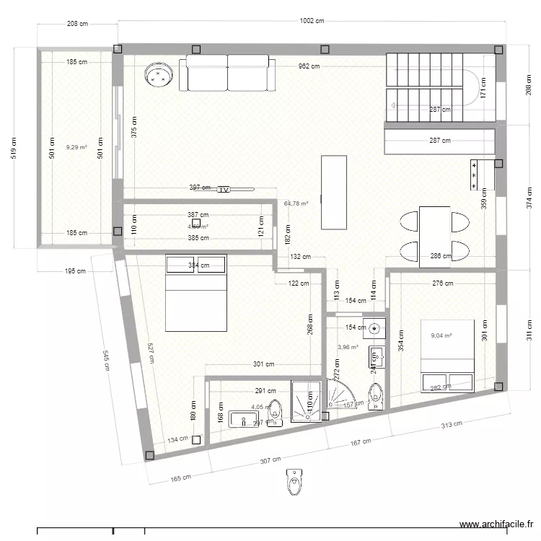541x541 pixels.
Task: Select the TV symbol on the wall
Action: coord(224,189)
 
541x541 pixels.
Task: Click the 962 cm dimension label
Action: coord(310,66)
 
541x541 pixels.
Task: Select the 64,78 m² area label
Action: coord(296,204)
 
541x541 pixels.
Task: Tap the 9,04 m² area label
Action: coord(441,335)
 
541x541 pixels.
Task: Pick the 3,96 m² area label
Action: coord(348,347)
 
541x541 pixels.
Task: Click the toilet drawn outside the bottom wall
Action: coord(294,481)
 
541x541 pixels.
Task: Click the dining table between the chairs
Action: coord(435,233)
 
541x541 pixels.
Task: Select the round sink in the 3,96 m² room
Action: coord(374,328)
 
